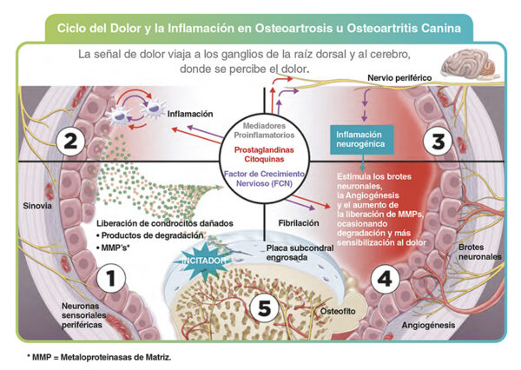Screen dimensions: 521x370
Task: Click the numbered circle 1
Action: (111, 278)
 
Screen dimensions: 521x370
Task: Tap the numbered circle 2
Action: (70, 141)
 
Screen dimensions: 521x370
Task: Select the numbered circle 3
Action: (439, 141)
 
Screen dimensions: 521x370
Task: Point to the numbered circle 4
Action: (385, 279)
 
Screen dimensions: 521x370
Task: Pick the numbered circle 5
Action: (265, 307)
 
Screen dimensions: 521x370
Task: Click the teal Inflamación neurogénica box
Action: (362, 140)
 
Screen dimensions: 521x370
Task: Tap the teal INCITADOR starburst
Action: (204, 261)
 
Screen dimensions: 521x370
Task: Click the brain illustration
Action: (469, 66)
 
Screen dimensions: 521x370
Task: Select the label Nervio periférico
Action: (399, 78)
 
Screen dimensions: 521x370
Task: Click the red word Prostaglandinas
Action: (264, 149)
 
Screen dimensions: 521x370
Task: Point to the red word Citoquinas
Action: (264, 159)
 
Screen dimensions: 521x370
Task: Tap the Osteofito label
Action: (338, 311)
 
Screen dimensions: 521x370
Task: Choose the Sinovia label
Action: (37, 206)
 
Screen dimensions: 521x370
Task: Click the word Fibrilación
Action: (299, 223)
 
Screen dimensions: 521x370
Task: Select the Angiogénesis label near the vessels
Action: (428, 325)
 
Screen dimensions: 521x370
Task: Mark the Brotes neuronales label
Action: (480, 252)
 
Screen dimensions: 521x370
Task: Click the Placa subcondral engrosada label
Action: (300, 253)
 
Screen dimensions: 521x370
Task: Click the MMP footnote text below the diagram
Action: (99, 357)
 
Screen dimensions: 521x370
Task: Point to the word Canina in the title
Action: (441, 29)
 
